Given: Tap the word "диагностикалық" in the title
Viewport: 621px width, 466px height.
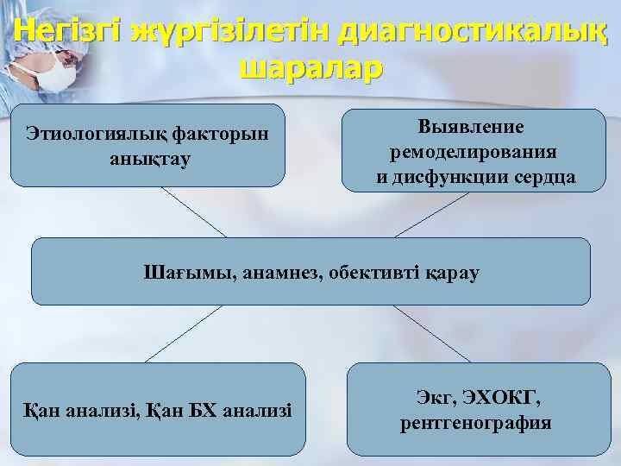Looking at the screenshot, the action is click(474, 32).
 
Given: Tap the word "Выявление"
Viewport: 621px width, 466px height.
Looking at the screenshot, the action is click(472, 126).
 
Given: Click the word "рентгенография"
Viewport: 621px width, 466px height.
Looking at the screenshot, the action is click(476, 424).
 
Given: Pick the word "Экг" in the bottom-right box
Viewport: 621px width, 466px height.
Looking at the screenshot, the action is click(431, 399).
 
